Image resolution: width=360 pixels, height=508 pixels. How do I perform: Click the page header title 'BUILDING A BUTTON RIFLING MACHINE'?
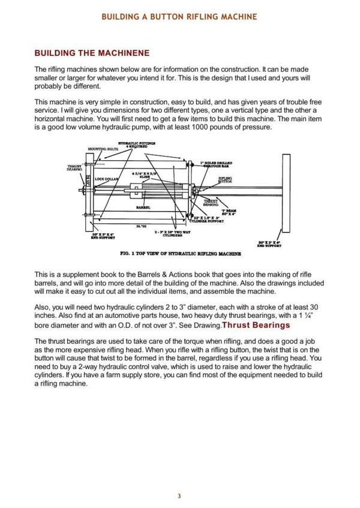pos(179,17)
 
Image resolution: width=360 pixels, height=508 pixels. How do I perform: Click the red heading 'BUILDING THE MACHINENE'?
pos(92,53)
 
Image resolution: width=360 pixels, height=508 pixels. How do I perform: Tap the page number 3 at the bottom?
pos(179,495)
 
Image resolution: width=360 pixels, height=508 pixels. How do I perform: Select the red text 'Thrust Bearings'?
pos(256,325)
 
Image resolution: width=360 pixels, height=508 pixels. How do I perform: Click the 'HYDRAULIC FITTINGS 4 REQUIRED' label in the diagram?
pos(137,145)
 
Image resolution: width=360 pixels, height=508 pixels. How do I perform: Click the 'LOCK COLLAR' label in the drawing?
pos(107,179)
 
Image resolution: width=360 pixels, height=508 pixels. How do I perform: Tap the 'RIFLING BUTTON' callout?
pos(225,179)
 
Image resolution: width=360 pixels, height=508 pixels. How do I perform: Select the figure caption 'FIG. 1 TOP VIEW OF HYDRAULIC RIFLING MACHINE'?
pos(181,254)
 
